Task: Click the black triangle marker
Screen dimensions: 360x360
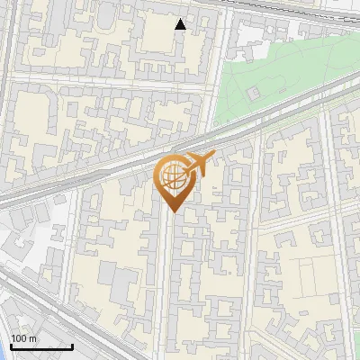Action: (x=181, y=24)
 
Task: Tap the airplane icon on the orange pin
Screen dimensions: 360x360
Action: (x=200, y=163)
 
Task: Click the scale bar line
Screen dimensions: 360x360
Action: (x=41, y=346)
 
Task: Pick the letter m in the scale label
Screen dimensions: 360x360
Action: (x=33, y=338)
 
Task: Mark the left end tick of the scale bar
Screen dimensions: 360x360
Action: (x=11, y=345)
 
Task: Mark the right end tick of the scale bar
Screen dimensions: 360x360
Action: (x=72, y=345)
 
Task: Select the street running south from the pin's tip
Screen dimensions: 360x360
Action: (x=162, y=270)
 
